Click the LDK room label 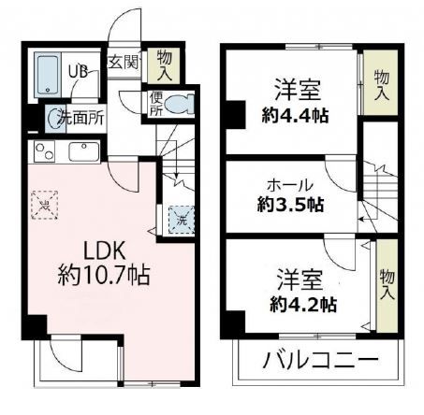[92, 253]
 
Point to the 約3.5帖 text [291, 204]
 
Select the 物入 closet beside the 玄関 [165, 66]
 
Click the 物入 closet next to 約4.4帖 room [381, 84]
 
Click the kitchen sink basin [82, 150]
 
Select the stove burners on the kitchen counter [44, 150]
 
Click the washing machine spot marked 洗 [178, 220]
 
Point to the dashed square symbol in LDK [43, 203]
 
